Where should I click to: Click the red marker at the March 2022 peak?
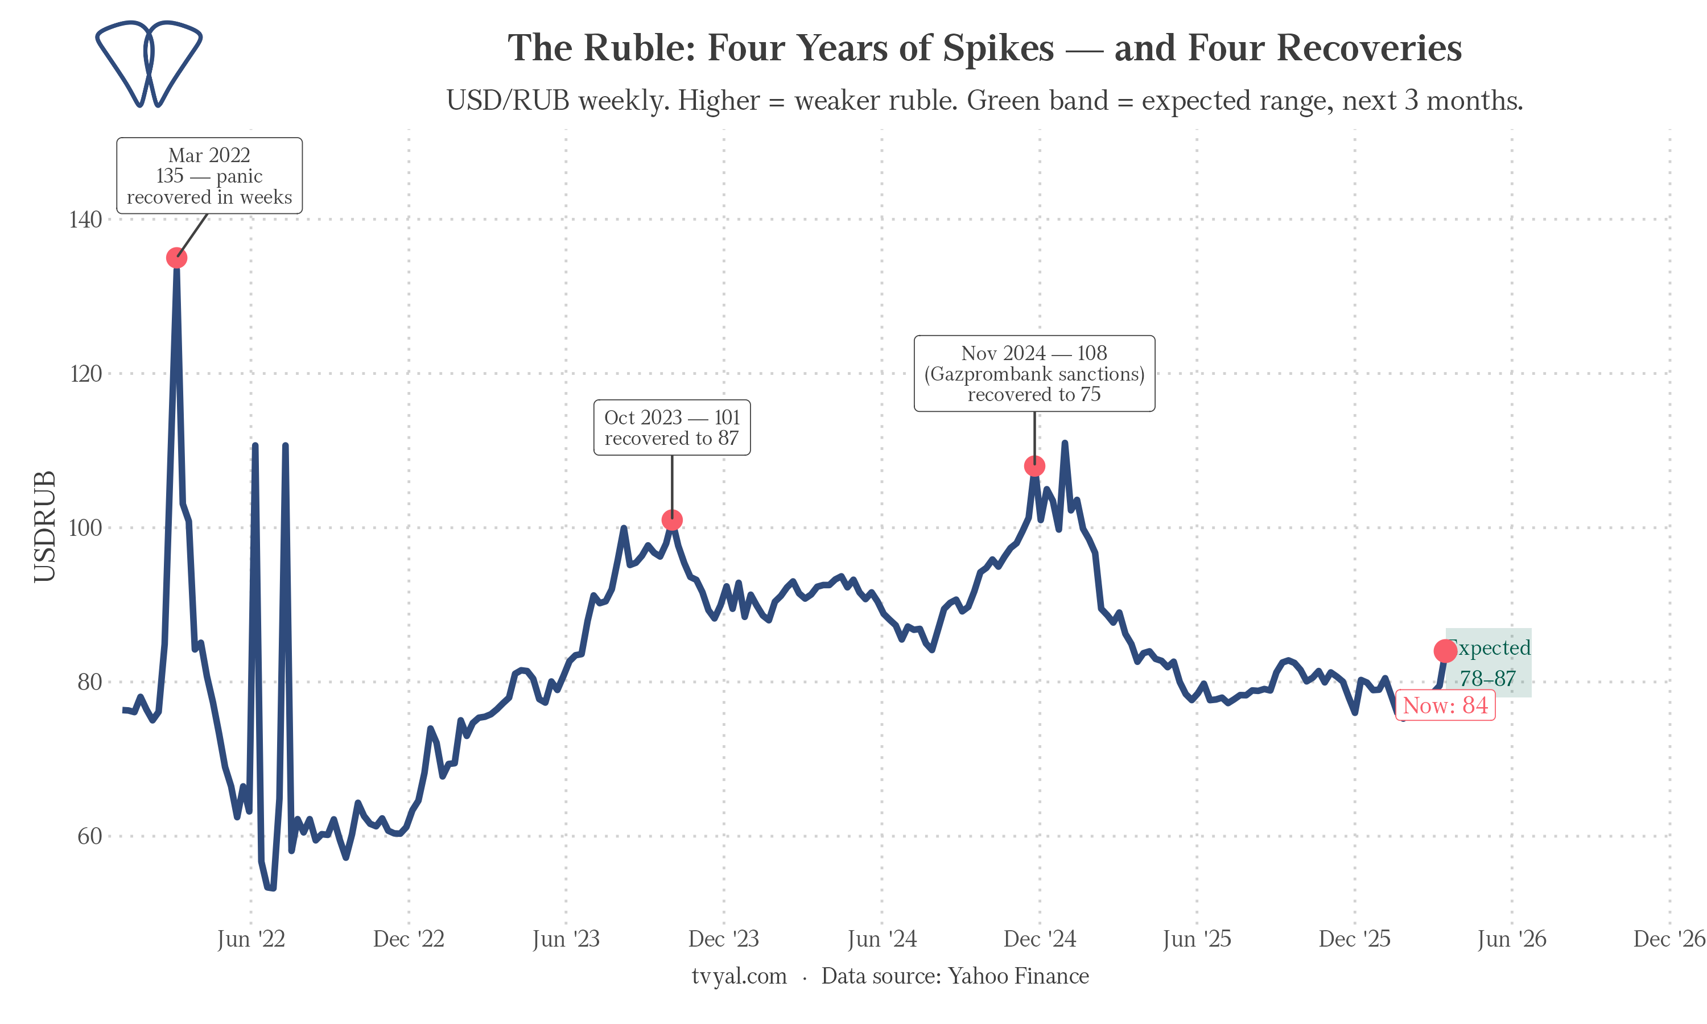[x=176, y=258]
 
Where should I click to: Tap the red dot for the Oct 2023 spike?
[x=672, y=519]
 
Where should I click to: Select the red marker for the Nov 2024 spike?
[x=1034, y=466]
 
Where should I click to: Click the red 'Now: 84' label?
[x=1445, y=705]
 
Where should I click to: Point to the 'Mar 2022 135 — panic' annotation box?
[x=209, y=176]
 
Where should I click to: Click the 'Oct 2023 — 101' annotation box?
[x=672, y=428]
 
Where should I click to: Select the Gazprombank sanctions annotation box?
[x=1034, y=374]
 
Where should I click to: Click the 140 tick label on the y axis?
[x=85, y=220]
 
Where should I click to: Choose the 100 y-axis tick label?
[x=85, y=528]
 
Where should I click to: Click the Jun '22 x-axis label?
[x=251, y=939]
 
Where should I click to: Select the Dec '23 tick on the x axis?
[x=724, y=939]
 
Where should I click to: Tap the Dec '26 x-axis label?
[x=1669, y=939]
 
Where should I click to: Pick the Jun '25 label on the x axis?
[x=1197, y=939]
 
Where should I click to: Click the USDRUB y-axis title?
[x=45, y=526]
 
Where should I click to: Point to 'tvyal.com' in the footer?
[x=739, y=976]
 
